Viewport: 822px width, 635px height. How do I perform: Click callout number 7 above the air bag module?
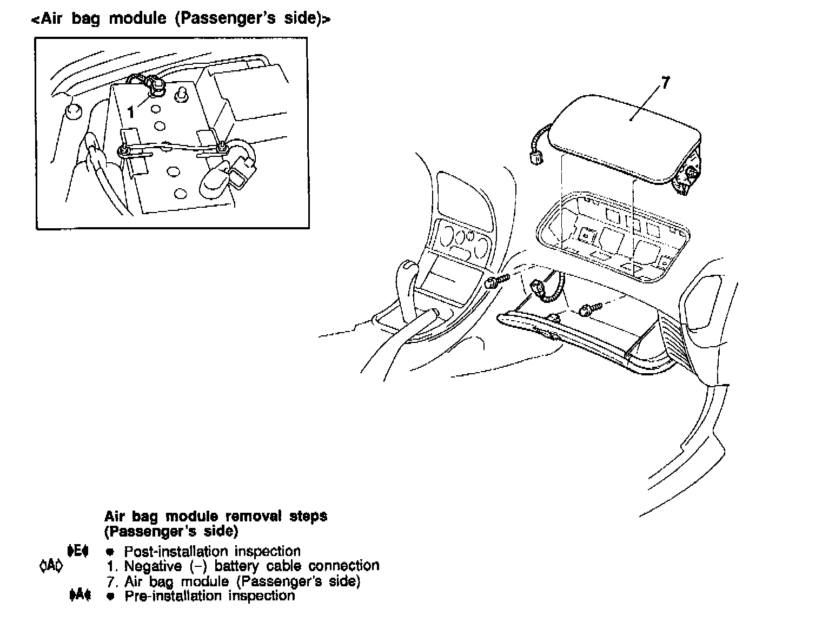pyautogui.click(x=665, y=83)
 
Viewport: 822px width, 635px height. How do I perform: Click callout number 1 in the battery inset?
pyautogui.click(x=131, y=112)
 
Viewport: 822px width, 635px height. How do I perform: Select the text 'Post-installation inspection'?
pyautogui.click(x=212, y=551)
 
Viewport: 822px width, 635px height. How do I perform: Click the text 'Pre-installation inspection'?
pyautogui.click(x=209, y=596)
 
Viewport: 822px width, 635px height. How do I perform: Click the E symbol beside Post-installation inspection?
pyautogui.click(x=78, y=551)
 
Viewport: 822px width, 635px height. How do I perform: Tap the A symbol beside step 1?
pyautogui.click(x=51, y=566)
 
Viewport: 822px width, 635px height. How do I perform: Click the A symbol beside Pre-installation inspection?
pyautogui.click(x=79, y=595)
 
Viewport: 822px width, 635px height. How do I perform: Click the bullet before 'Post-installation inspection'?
pyautogui.click(x=110, y=552)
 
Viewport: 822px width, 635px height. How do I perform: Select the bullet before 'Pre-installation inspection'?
pyautogui.click(x=110, y=596)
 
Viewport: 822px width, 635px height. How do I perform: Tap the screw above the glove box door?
pyautogui.click(x=588, y=309)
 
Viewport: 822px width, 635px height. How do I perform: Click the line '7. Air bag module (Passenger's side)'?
pyautogui.click(x=233, y=581)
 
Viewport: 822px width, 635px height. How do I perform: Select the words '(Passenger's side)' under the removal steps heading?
pyautogui.click(x=171, y=531)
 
